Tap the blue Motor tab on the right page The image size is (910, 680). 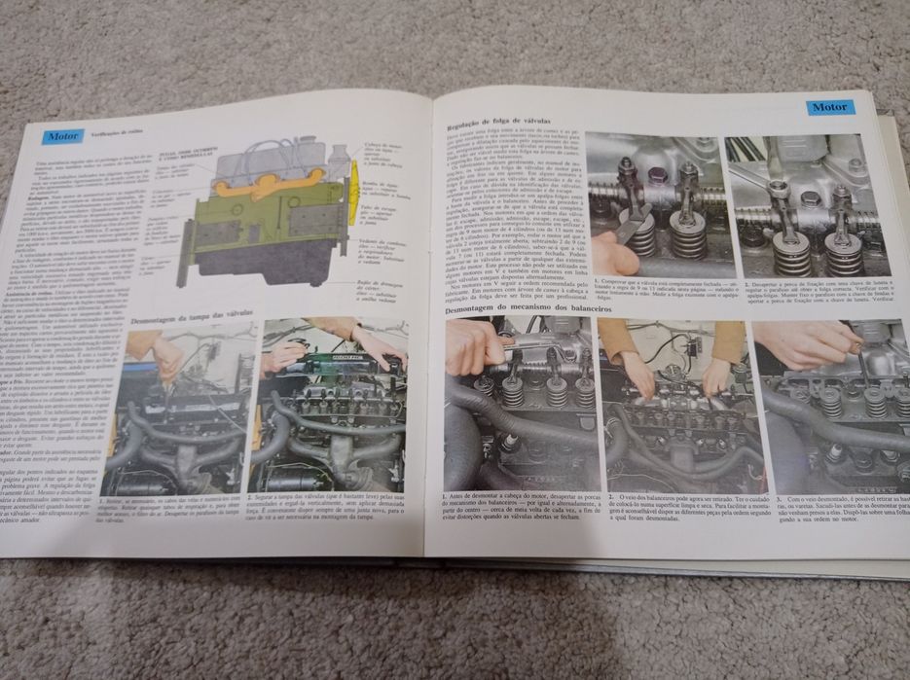click(x=830, y=107)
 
